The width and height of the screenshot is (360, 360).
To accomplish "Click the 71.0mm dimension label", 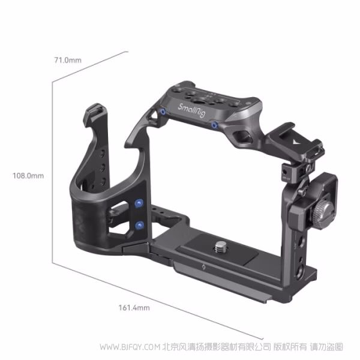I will (x=67, y=60).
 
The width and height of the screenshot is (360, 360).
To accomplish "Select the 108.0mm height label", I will (x=28, y=176).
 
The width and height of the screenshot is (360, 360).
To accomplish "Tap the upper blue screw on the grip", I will (x=139, y=203).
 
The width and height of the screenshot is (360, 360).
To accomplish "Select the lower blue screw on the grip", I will (x=139, y=225).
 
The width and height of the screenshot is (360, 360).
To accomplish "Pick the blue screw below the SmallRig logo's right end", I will (x=214, y=124).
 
